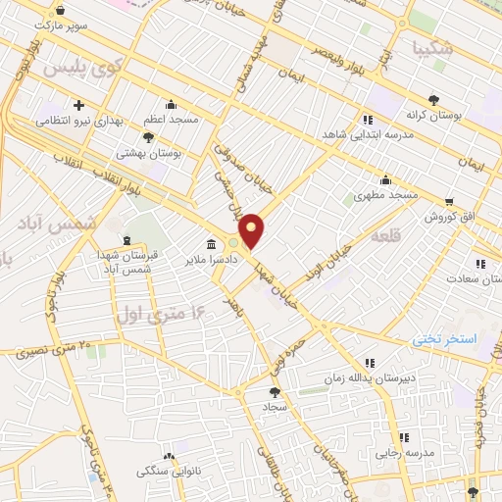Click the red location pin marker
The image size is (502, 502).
252,229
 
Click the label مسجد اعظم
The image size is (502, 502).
172,118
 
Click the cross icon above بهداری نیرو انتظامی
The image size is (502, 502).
78,105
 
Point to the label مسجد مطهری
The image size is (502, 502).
385,195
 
